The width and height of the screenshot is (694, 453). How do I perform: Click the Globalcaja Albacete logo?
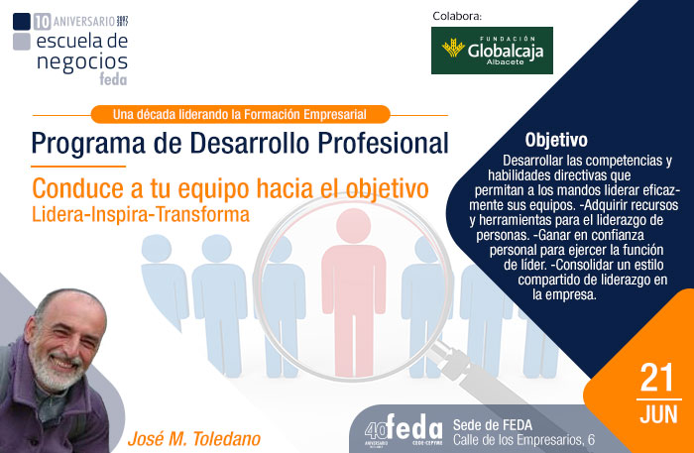(x=492, y=51)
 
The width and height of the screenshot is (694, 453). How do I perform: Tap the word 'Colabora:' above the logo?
(x=457, y=15)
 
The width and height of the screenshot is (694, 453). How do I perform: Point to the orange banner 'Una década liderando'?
(x=240, y=114)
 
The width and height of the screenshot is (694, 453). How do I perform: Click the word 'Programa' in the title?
(x=91, y=142)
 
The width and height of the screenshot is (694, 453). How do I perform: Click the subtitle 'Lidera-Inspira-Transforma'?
(x=140, y=213)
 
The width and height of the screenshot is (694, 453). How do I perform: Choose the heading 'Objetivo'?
(x=556, y=140)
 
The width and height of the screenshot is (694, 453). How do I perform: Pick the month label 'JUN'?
(x=657, y=414)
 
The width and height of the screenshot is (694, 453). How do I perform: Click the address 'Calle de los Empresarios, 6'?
(x=523, y=439)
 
